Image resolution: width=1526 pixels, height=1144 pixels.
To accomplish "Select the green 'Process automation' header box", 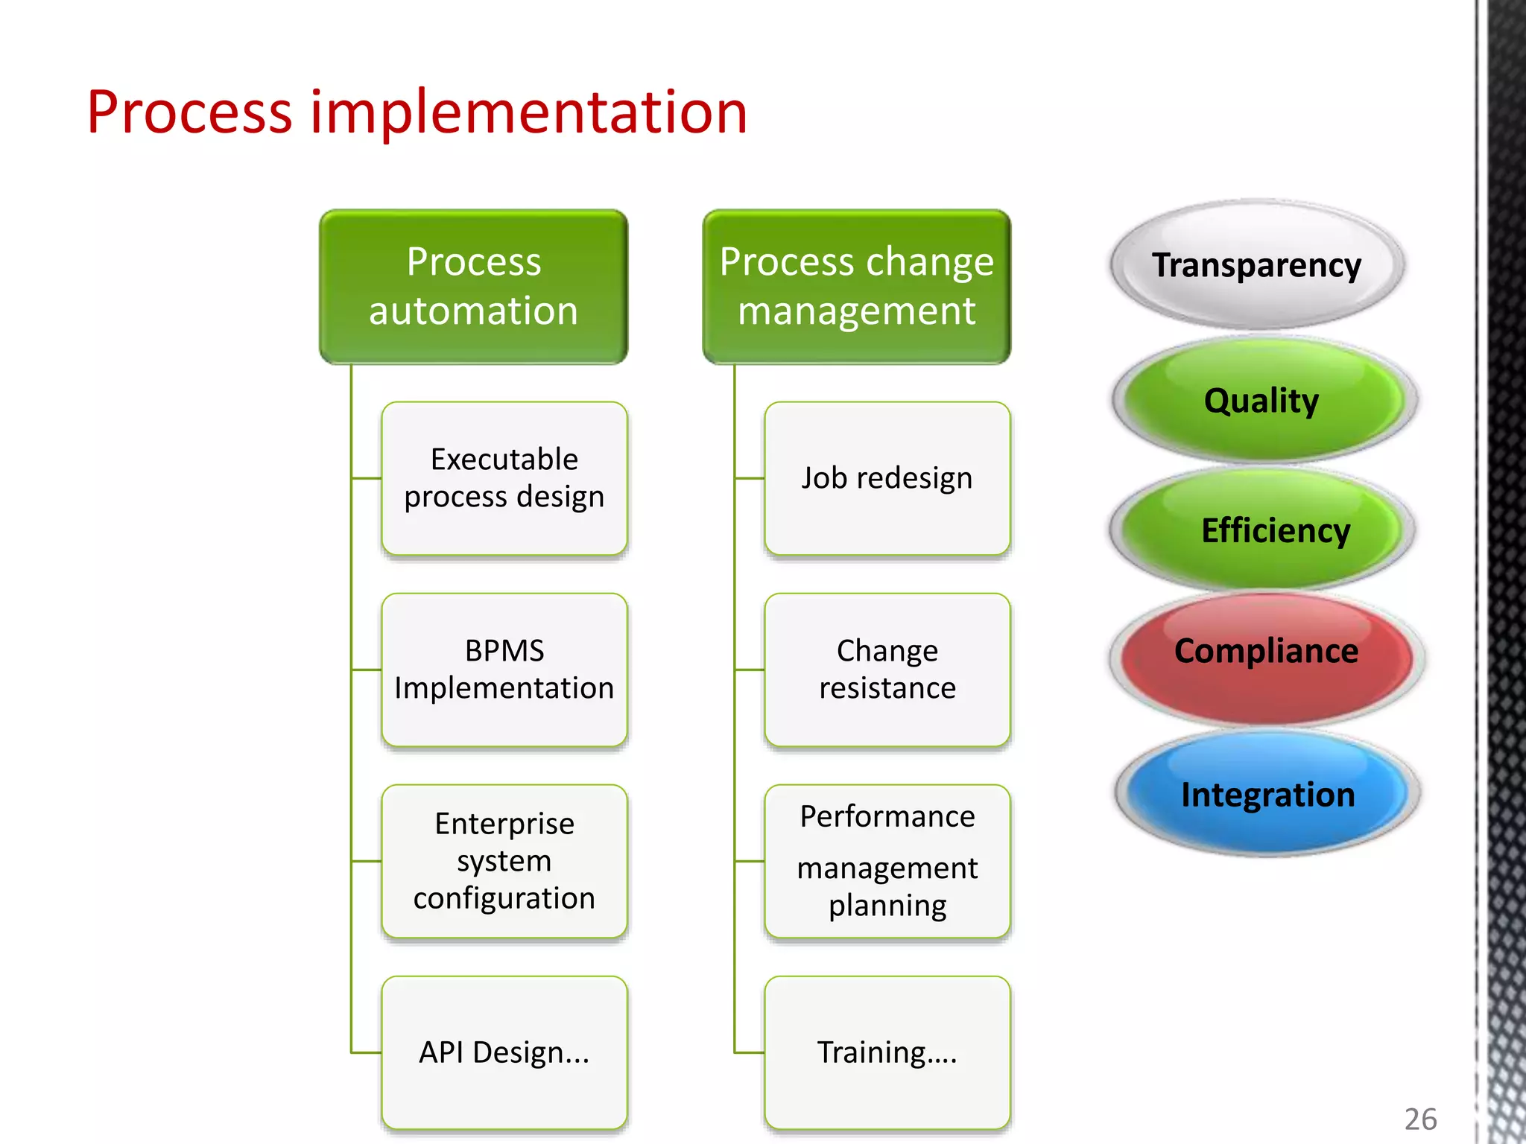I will click(x=474, y=287).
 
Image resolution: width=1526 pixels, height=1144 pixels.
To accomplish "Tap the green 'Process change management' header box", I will click(x=856, y=287).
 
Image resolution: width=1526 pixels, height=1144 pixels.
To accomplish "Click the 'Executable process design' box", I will click(x=504, y=478).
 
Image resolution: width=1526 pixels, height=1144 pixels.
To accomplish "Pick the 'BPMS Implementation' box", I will click(x=504, y=670).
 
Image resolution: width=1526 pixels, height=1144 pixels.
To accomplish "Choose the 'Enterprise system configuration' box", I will click(x=504, y=861).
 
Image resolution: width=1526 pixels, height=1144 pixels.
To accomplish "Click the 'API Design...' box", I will click(x=504, y=1052).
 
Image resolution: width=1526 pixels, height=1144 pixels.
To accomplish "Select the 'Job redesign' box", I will click(x=887, y=478).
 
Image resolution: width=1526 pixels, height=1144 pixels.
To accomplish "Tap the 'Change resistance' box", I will click(x=887, y=670).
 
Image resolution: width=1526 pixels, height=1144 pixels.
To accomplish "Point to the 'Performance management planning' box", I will click(x=887, y=861).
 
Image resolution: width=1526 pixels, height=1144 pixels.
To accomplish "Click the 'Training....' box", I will click(x=887, y=1052).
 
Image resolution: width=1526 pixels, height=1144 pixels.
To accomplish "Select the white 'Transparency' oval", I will click(x=1256, y=265).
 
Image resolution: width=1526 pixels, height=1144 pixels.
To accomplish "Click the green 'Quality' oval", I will click(x=1262, y=401).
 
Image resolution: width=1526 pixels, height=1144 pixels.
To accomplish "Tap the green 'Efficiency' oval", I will click(x=1264, y=530).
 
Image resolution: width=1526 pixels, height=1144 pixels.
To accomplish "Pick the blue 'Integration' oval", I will click(x=1267, y=794).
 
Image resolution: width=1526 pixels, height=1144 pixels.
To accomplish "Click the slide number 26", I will click(x=1420, y=1119).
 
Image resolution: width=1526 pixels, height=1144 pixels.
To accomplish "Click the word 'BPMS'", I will click(x=504, y=651).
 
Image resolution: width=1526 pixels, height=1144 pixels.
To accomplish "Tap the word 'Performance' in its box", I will click(x=887, y=817).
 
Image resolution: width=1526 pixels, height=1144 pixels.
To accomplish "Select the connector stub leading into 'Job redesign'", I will click(x=750, y=478).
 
